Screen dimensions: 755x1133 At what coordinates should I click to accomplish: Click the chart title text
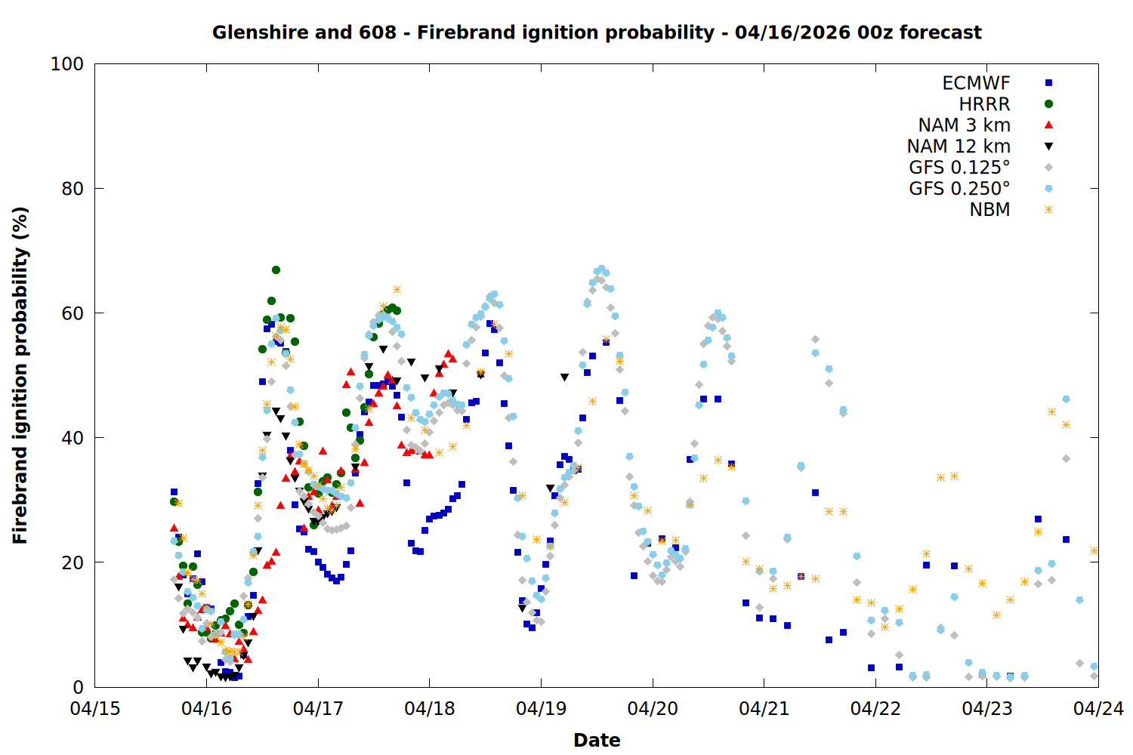tap(597, 32)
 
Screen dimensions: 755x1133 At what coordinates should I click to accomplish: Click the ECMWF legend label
tap(976, 83)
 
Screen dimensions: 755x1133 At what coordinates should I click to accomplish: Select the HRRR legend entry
tap(984, 104)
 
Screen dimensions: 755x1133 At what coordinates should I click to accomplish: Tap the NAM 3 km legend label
tap(964, 125)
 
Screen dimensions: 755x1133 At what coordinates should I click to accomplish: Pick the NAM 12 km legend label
tap(959, 146)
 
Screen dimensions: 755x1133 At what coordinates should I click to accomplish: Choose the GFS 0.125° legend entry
tap(959, 168)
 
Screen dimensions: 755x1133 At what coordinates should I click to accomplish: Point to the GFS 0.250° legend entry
tap(959, 189)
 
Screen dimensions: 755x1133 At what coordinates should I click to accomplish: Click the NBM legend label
tap(989, 210)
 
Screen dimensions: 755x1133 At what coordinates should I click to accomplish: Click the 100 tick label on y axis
tap(66, 64)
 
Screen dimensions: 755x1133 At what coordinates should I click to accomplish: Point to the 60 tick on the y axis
tap(73, 313)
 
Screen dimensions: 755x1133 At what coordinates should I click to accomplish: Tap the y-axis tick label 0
tap(78, 687)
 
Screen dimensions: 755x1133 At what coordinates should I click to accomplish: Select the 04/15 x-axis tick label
tap(95, 709)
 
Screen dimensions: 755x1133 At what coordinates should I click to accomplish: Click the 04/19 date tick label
tap(541, 709)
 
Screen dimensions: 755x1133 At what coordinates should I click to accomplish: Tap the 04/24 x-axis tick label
tap(1098, 709)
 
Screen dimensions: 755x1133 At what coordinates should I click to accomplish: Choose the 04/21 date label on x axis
tap(764, 709)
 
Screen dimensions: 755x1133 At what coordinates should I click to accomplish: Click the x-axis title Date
tap(597, 740)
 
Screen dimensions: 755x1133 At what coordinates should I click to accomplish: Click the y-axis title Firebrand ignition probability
tap(20, 375)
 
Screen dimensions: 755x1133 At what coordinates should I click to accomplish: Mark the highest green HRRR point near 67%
tap(276, 270)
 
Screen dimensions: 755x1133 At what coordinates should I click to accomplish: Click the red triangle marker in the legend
tap(1048, 125)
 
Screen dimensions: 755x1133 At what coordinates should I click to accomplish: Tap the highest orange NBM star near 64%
tap(397, 290)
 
